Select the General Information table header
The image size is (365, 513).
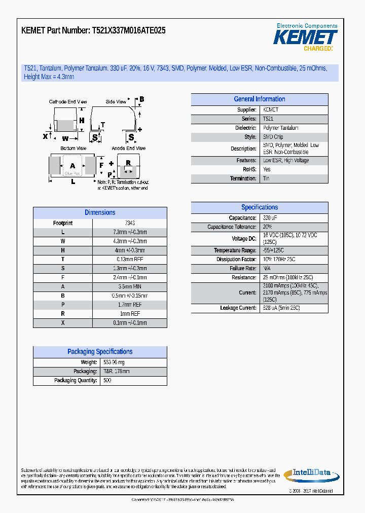(x=259, y=99)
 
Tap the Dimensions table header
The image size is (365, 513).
(x=100, y=213)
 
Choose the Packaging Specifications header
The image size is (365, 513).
(x=100, y=352)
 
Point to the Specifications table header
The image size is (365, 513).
(x=259, y=207)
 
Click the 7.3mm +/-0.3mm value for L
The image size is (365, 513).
(x=130, y=232)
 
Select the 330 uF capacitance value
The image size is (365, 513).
(x=270, y=218)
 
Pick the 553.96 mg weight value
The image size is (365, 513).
(x=114, y=362)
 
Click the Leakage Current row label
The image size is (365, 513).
(x=238, y=308)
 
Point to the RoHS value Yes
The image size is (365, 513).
(x=267, y=169)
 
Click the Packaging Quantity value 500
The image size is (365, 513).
(x=107, y=381)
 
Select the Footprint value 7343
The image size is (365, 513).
(x=130, y=223)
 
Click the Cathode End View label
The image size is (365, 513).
(x=67, y=102)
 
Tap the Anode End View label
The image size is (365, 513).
(x=128, y=149)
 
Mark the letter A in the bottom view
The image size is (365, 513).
(x=72, y=166)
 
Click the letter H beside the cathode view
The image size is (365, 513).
(x=81, y=120)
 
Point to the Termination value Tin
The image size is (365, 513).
(x=266, y=178)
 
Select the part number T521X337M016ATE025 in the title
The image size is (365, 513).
(x=128, y=30)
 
